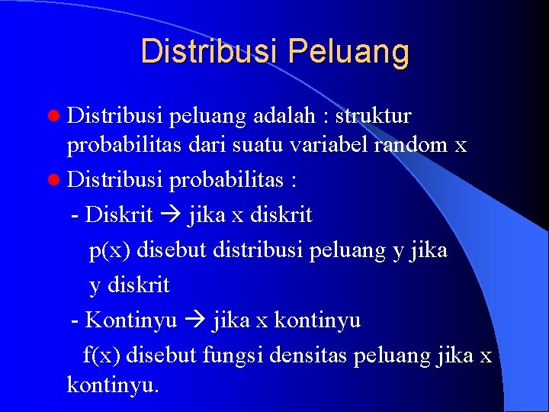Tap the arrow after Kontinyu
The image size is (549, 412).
point(194,320)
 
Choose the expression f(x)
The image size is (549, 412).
point(101,355)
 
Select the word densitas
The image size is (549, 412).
point(300,355)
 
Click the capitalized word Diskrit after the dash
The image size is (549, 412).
point(118,215)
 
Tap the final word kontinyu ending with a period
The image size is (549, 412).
point(114,385)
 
